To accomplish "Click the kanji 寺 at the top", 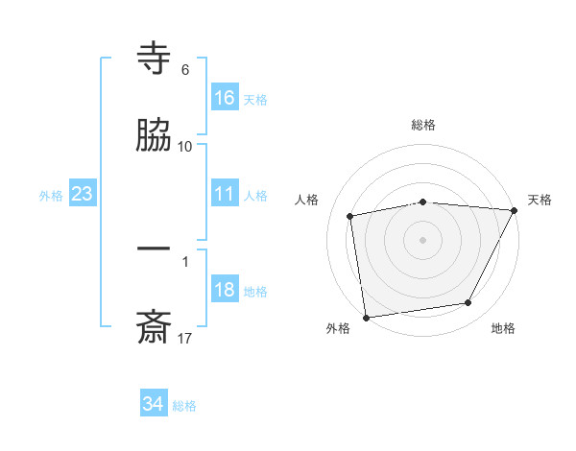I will pos(154,59).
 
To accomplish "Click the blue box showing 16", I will pos(225,97).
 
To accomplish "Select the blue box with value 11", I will pos(225,194).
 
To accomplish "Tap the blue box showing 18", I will pos(225,290).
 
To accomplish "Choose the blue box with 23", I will pos(83,194).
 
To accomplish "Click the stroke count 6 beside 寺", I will pos(185,69).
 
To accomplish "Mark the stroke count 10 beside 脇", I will pos(185,146).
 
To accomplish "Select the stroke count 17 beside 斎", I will pos(185,338).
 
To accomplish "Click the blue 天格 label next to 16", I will pos(255,99).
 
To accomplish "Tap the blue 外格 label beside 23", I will pos(51,196).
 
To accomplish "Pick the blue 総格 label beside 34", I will pos(184,406).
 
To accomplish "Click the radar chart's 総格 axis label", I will pos(423,125).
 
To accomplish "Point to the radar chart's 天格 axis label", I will pos(540,200).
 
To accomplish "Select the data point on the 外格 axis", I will pos(366,317).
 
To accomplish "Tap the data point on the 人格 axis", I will pos(350,216).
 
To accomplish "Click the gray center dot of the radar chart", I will pos(423,239).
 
